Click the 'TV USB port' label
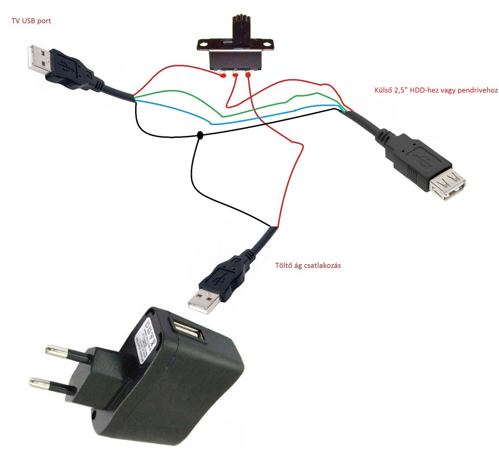31,21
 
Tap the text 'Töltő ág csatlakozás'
308,265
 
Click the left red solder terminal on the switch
223,76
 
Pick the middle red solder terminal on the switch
235,76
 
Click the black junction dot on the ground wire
200,135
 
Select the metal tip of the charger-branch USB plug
204,301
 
